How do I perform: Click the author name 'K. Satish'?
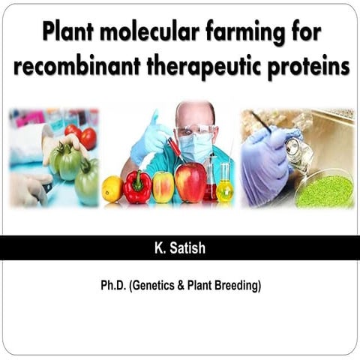pyautogui.click(x=180, y=247)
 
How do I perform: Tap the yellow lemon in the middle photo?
pyautogui.click(x=112, y=188)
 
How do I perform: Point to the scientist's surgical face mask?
pyautogui.click(x=194, y=147)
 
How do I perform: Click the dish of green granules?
pyautogui.click(x=323, y=190)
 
